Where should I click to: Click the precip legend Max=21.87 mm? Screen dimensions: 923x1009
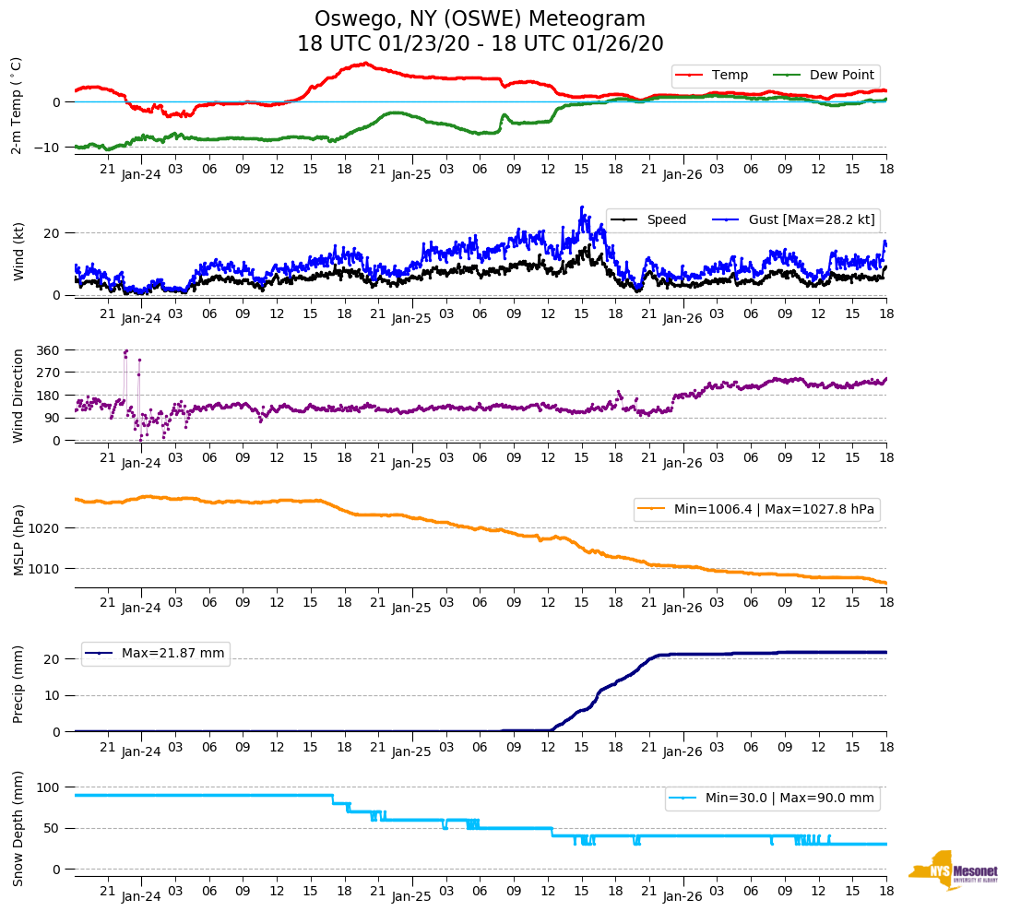155,654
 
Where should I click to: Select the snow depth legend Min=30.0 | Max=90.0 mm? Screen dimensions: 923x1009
772,798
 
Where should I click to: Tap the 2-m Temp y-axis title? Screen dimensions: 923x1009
17,105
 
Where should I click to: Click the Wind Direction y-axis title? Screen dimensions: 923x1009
18,396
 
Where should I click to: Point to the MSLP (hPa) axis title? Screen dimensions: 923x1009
18,539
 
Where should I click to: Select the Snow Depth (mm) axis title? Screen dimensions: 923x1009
18,828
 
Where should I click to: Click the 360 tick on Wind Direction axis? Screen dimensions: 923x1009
49,350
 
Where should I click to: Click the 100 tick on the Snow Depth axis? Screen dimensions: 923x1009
49,787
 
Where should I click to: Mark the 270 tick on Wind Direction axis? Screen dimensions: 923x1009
49,373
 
